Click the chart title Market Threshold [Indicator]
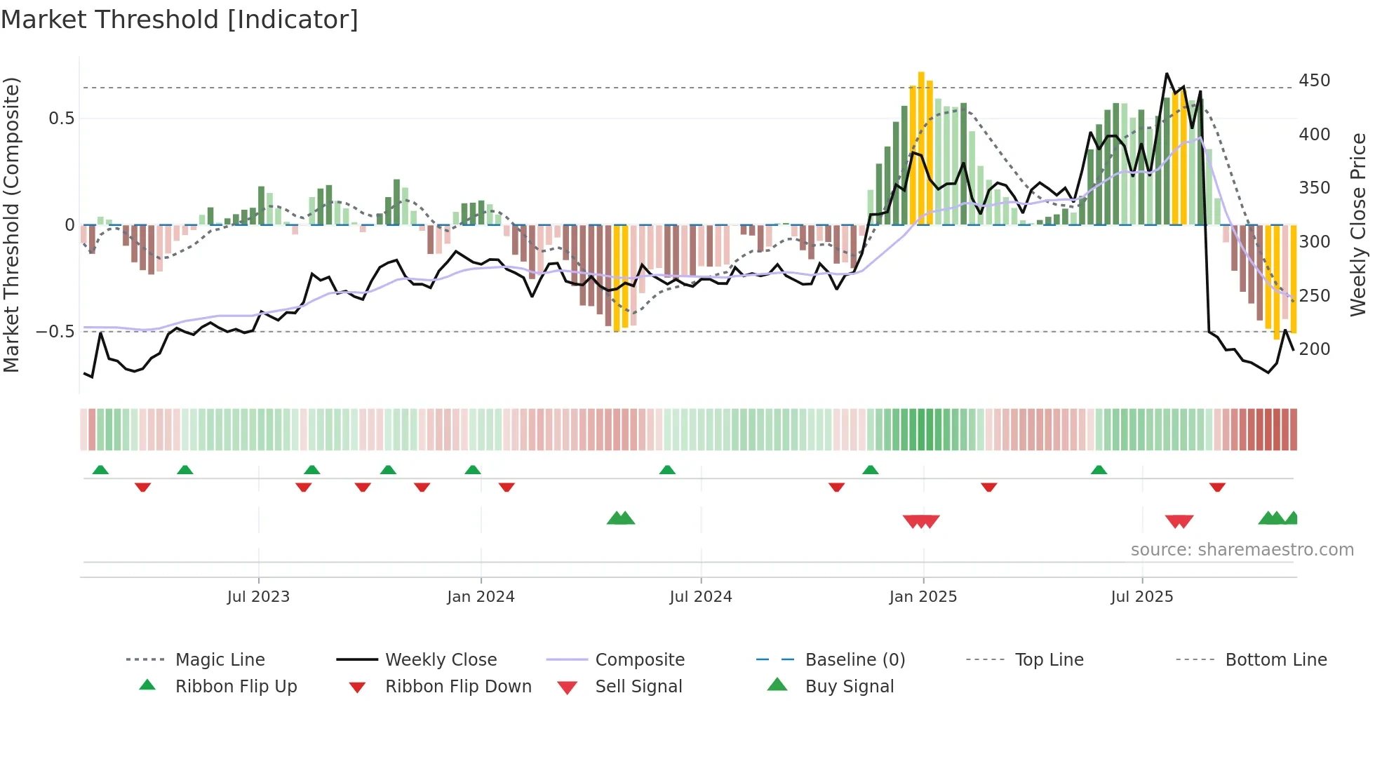click(x=180, y=20)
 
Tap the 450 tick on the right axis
click(x=1314, y=81)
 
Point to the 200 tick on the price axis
click(x=1314, y=349)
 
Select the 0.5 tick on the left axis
click(x=62, y=119)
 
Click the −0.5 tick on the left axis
click(x=56, y=332)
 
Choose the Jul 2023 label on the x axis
click(x=258, y=597)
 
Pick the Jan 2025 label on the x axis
click(x=923, y=597)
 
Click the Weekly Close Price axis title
click(x=1358, y=224)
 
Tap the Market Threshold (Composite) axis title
click(x=11, y=224)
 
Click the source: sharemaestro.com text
click(x=1242, y=550)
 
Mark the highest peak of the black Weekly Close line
click(x=1167, y=74)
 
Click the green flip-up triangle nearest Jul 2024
click(x=667, y=470)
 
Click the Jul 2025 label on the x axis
click(x=1141, y=597)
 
